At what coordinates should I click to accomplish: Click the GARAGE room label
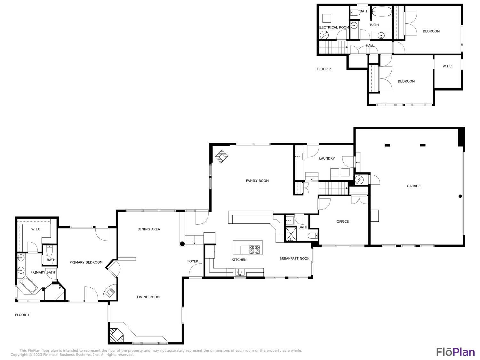click(413, 186)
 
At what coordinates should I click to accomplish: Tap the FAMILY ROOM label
click(257, 181)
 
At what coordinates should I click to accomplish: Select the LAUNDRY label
click(327, 158)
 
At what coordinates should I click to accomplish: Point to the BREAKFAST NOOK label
click(294, 259)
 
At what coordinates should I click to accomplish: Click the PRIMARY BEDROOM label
click(86, 262)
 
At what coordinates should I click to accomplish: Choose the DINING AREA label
click(149, 229)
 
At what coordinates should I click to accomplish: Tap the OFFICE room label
click(342, 221)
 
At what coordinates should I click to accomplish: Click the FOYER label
click(193, 261)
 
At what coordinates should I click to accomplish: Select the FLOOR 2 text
click(324, 69)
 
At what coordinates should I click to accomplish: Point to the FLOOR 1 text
click(22, 315)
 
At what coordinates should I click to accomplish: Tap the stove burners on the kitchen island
click(255, 250)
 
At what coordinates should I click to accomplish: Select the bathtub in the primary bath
click(29, 285)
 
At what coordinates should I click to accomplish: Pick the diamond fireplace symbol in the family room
click(221, 156)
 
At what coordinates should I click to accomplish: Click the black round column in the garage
click(460, 196)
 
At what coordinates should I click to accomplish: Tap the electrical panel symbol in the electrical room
click(324, 35)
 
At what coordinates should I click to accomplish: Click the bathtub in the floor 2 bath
click(381, 12)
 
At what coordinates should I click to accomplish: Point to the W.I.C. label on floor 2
click(448, 66)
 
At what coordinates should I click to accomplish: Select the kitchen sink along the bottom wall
click(240, 272)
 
